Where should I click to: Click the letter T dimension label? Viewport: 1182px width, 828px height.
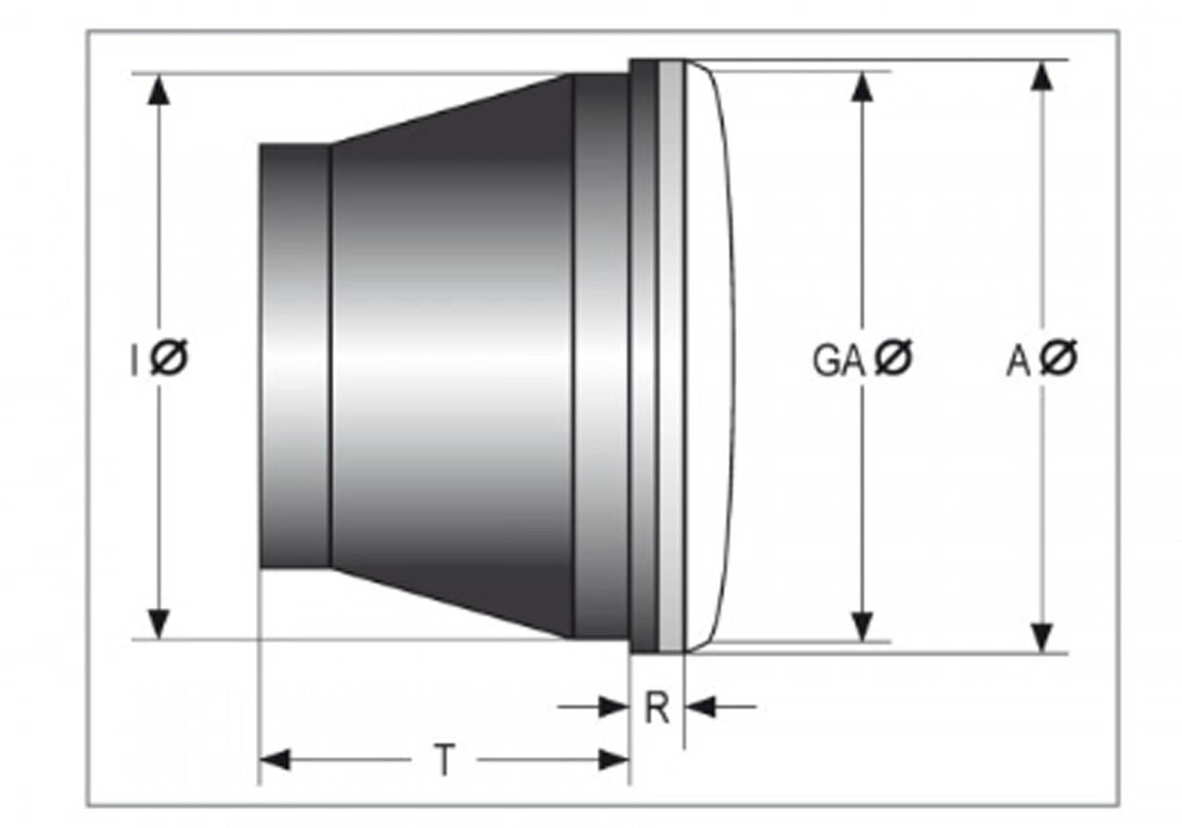[x=445, y=760]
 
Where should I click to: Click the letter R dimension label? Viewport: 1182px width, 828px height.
[x=657, y=708]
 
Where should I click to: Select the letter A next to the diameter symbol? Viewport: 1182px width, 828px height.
[x=1018, y=362]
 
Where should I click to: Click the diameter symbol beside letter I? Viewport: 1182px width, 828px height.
[x=169, y=358]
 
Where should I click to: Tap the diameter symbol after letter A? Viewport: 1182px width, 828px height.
[x=1059, y=358]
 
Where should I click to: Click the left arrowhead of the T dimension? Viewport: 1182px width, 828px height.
[x=274, y=760]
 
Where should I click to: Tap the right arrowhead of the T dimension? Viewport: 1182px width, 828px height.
[x=614, y=760]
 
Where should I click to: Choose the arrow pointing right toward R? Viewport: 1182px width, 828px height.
[x=612, y=707]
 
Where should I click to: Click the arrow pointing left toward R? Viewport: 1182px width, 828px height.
[x=701, y=707]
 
